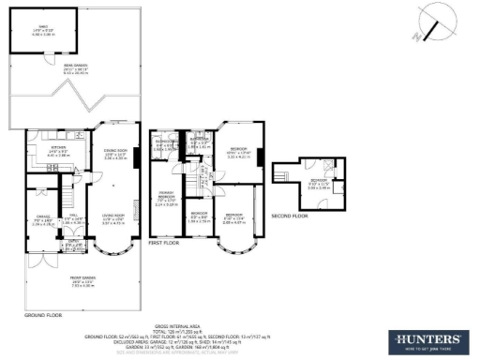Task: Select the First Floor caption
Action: [x=164, y=242]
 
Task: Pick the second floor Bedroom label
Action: [x=320, y=184]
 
